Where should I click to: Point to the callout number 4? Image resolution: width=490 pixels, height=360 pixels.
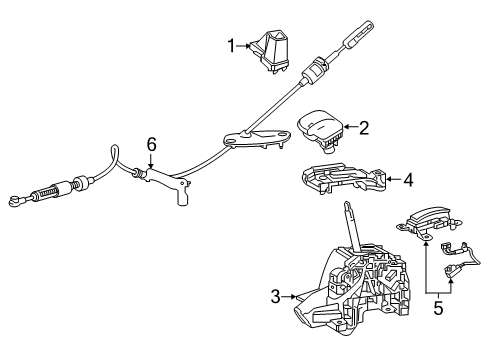406,180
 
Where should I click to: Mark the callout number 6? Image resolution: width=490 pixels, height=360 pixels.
152,144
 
